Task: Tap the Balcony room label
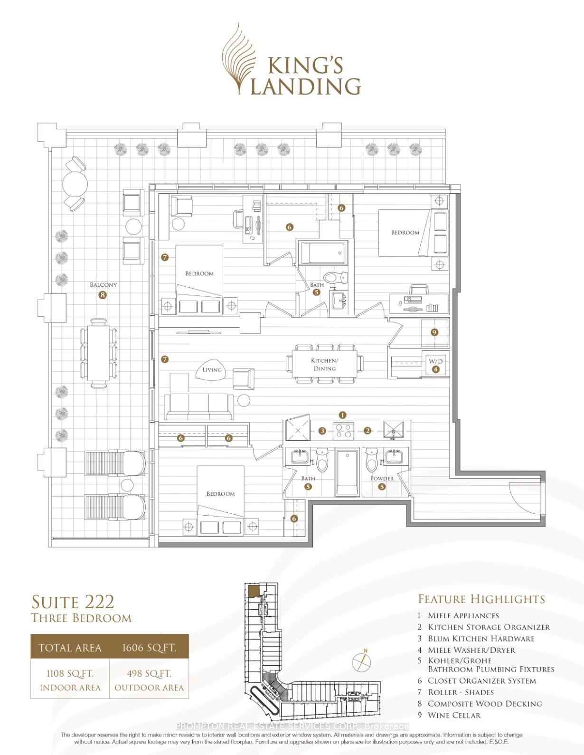point(103,284)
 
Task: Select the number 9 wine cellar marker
point(434,332)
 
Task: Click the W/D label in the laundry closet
point(436,361)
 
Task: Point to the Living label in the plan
point(212,369)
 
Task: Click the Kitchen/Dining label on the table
point(324,365)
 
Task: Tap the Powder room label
point(382,479)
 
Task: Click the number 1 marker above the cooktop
point(343,415)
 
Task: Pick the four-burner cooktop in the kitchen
point(343,431)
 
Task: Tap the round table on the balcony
point(75,184)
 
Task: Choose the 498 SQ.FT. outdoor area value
point(149,674)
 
